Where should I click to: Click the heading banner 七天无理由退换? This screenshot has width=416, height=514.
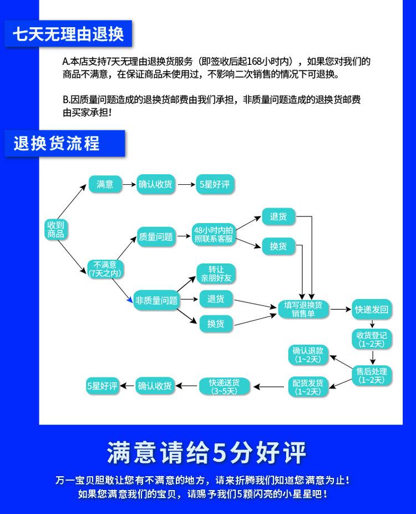click(68, 34)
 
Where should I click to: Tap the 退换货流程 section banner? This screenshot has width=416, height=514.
click(64, 143)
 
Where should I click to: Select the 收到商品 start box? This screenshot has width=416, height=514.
click(55, 229)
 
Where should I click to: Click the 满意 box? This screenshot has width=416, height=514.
click(105, 184)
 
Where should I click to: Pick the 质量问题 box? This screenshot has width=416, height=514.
click(156, 236)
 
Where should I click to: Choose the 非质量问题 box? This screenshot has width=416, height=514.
click(156, 300)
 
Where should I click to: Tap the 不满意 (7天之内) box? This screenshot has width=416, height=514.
click(105, 269)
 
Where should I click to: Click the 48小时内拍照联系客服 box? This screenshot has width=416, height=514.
click(214, 234)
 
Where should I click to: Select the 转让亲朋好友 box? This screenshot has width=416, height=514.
click(216, 274)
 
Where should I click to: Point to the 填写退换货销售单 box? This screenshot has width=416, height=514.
click(303, 309)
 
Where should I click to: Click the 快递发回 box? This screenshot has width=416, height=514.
click(372, 309)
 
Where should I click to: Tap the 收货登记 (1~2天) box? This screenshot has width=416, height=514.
click(372, 339)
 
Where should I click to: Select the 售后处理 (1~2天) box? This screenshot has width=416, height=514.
click(372, 375)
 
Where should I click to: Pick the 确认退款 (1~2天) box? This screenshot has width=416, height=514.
click(308, 355)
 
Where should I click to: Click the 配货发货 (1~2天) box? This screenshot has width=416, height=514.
click(308, 387)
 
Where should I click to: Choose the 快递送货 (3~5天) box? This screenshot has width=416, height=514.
click(225, 386)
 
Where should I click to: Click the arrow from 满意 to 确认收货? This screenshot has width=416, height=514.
click(129, 184)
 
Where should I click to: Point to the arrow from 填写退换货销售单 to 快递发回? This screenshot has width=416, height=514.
click(341, 309)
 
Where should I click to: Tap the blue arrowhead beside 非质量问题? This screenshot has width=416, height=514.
click(130, 299)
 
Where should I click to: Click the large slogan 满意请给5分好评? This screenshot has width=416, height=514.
click(206, 453)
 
